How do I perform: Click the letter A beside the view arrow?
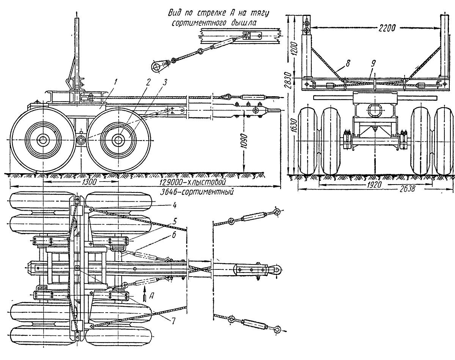[151, 296]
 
